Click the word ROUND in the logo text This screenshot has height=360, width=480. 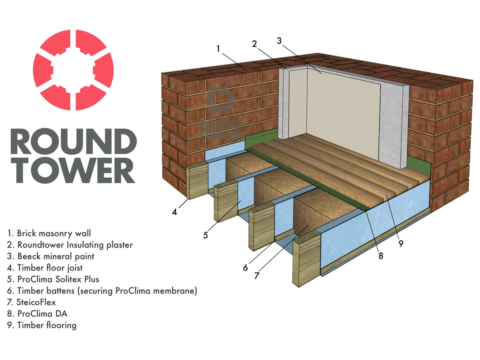click(74, 142)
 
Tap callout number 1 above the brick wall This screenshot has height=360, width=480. click(218, 48)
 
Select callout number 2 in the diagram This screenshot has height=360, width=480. click(254, 43)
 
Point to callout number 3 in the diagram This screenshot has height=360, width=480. click(279, 40)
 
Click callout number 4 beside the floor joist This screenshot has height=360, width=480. click(174, 212)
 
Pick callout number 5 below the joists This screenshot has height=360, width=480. click(205, 235)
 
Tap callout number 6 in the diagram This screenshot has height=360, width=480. click(245, 268)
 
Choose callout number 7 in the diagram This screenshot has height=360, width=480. click(257, 276)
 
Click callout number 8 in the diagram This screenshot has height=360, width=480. click(380, 256)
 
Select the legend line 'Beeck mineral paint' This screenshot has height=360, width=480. click(51, 256)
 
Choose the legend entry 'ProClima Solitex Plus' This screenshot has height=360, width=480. click(53, 279)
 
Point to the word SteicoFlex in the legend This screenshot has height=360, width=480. click(36, 302)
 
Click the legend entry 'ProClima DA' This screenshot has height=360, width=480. click(37, 314)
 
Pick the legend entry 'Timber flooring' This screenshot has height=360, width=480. click(42, 325)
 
